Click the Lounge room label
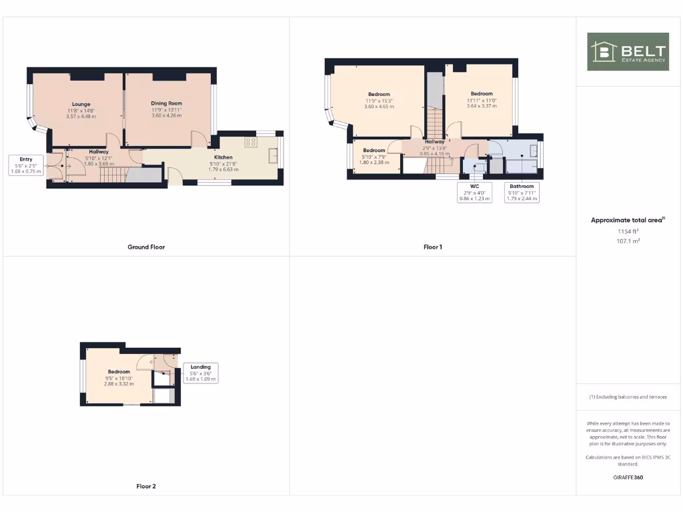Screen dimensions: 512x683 click(x=81, y=104)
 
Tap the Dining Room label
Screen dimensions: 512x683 click(x=166, y=103)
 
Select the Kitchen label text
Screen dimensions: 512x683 click(x=223, y=157)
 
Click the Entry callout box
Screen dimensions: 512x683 click(x=26, y=165)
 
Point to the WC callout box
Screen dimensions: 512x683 click(x=475, y=193)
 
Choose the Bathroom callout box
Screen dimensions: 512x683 click(x=522, y=193)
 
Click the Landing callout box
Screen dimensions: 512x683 click(x=201, y=373)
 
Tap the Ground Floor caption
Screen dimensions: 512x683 click(x=146, y=247)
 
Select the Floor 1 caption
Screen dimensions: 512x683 click(x=433, y=247)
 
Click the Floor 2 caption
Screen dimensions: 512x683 click(x=146, y=487)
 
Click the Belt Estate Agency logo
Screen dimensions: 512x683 click(x=628, y=51)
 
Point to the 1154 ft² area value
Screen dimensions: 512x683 click(x=628, y=231)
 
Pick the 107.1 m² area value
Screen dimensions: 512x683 click(x=628, y=241)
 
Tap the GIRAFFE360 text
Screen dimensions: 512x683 click(x=628, y=477)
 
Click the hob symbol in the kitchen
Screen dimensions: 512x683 click(x=251, y=141)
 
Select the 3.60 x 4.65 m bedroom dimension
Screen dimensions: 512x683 click(x=379, y=107)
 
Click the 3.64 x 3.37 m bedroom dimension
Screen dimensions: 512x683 click(x=482, y=106)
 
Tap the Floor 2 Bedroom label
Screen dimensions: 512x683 click(x=119, y=372)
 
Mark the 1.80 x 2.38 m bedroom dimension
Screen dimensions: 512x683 click(x=374, y=162)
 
